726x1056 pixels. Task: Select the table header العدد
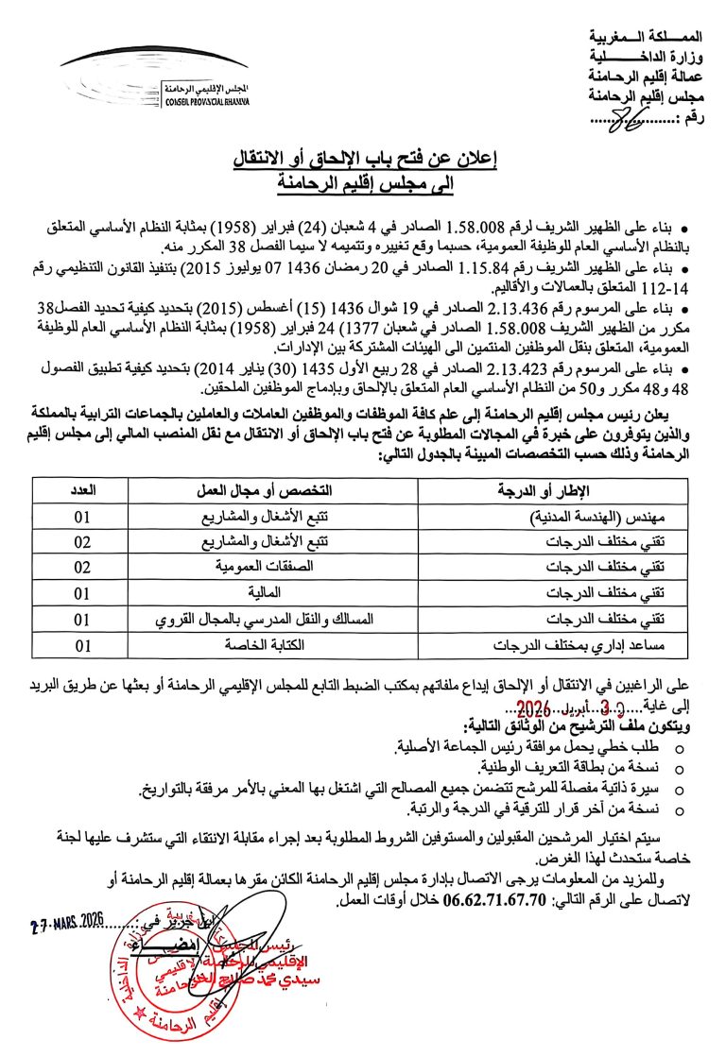tap(82, 491)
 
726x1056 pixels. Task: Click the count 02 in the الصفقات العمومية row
tap(82, 568)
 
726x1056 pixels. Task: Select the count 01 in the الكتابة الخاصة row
tap(82, 645)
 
